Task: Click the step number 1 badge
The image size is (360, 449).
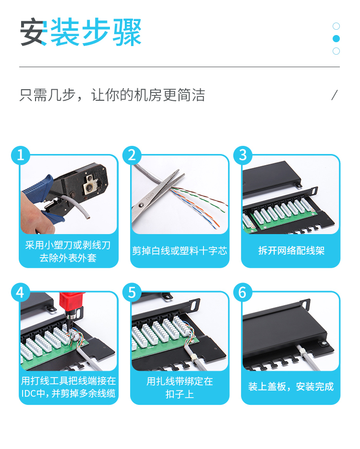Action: (x=21, y=155)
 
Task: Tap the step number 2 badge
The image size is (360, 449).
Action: (x=132, y=155)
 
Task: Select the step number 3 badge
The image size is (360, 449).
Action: (x=243, y=155)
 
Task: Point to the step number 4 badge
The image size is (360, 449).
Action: (x=21, y=292)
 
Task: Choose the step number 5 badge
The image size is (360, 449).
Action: (x=132, y=292)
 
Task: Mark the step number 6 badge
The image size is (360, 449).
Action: (x=243, y=292)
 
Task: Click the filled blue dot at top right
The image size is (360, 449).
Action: (x=336, y=39)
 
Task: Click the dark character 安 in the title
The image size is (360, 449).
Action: (x=34, y=32)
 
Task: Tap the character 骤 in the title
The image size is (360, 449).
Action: (x=127, y=32)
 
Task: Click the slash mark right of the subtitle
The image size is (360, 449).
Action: (x=335, y=95)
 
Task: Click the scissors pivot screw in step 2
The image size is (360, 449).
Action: (x=141, y=205)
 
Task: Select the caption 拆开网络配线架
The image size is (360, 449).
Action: (x=291, y=250)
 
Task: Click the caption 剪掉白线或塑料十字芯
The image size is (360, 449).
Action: (x=180, y=250)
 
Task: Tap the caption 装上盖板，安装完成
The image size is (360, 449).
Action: (x=291, y=387)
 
